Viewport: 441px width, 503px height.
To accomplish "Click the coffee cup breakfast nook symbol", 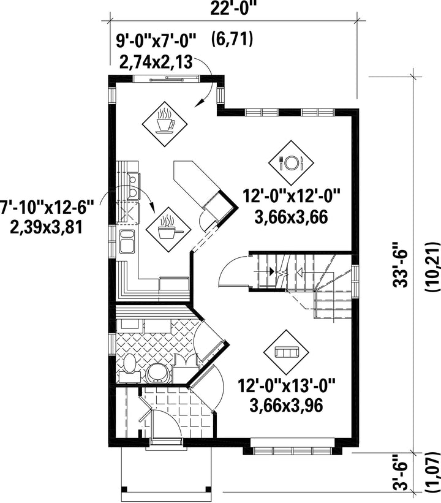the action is coord(165,124).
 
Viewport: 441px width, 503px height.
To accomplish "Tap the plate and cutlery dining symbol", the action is coord(291,163).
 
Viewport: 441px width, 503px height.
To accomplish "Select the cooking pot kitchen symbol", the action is coord(168,230).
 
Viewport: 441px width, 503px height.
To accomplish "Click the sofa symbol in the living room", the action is coord(287,352).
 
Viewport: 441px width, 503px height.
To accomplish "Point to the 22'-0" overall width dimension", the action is coord(233,9).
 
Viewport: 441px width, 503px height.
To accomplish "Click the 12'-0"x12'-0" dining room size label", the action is coord(291,195).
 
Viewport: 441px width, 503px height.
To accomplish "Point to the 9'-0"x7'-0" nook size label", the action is coord(156,41).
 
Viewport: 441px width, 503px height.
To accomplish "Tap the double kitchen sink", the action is coord(127,241).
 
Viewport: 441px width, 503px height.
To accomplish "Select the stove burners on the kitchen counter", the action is coord(134,185).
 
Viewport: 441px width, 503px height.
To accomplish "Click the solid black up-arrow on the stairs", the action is coord(273,271).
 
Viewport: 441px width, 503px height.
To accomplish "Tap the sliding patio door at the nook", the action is coord(167,78).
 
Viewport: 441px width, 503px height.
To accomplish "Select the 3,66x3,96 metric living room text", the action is coord(286,406).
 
